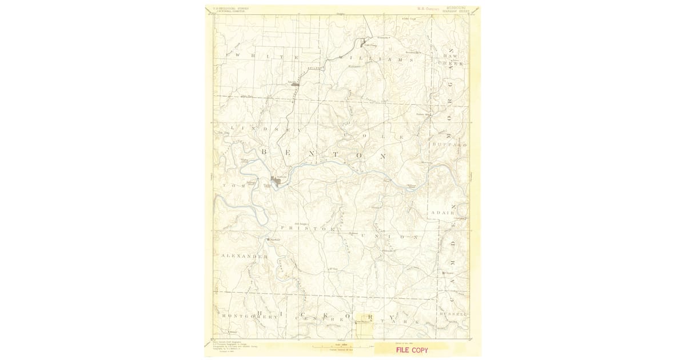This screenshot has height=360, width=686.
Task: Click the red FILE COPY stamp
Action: (x=412, y=350)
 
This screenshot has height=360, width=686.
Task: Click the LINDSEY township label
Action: (x=260, y=130)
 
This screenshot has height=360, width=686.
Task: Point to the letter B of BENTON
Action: (x=265, y=152)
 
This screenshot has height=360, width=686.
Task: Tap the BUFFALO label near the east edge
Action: (x=450, y=145)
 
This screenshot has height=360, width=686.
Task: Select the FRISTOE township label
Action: (x=312, y=228)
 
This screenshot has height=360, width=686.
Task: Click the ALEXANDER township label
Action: (x=244, y=257)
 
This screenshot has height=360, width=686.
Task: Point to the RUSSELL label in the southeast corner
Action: (x=453, y=314)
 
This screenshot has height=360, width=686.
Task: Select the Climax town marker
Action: (x=444, y=273)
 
